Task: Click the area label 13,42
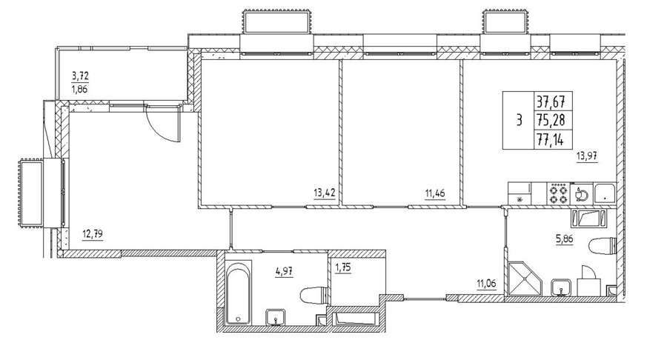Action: pos(325,193)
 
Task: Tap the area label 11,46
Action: pos(435,194)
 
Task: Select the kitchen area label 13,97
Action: pos(587,156)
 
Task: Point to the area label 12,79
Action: pos(93,234)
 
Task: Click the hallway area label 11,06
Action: pos(486,284)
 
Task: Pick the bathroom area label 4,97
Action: pos(284,271)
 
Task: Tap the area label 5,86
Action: pos(565,239)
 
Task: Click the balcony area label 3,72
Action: pos(80,76)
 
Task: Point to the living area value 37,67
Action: pos(553,101)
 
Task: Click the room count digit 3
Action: pos(519,120)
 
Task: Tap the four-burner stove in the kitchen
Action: pos(558,194)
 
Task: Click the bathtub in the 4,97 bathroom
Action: pos(238,293)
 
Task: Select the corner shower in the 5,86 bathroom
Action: pos(525,279)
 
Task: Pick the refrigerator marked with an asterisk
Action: pos(520,194)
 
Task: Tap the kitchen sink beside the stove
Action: pos(581,194)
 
